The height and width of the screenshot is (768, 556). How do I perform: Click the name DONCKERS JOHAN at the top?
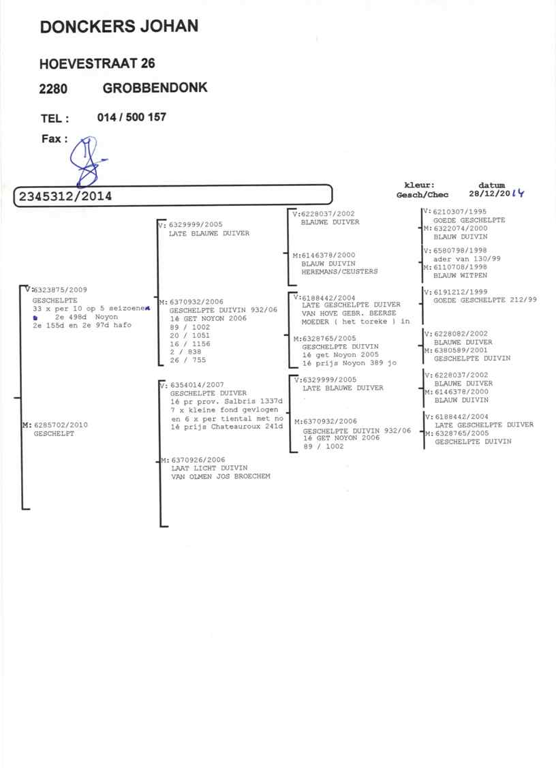[x=119, y=27]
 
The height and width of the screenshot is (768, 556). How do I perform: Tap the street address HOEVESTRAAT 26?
[x=97, y=63]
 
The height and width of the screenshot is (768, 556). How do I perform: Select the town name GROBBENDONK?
[x=155, y=88]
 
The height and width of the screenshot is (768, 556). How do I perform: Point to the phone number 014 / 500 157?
[x=132, y=117]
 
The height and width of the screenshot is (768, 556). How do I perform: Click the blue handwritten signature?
[x=87, y=162]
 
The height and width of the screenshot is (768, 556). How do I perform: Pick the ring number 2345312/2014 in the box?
[x=65, y=196]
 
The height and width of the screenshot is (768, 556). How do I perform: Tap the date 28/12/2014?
[x=496, y=194]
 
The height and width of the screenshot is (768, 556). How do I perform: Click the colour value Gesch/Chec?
[x=422, y=195]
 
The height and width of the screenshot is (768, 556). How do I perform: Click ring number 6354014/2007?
[x=197, y=385]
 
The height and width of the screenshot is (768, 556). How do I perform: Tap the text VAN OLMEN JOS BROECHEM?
[x=221, y=476]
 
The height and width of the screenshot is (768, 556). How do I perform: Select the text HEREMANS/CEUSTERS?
[x=339, y=272]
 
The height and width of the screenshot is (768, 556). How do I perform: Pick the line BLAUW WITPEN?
[x=460, y=276]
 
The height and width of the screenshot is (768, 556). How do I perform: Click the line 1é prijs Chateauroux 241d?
[x=227, y=427]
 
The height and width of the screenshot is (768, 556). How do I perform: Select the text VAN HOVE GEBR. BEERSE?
[x=349, y=313]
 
